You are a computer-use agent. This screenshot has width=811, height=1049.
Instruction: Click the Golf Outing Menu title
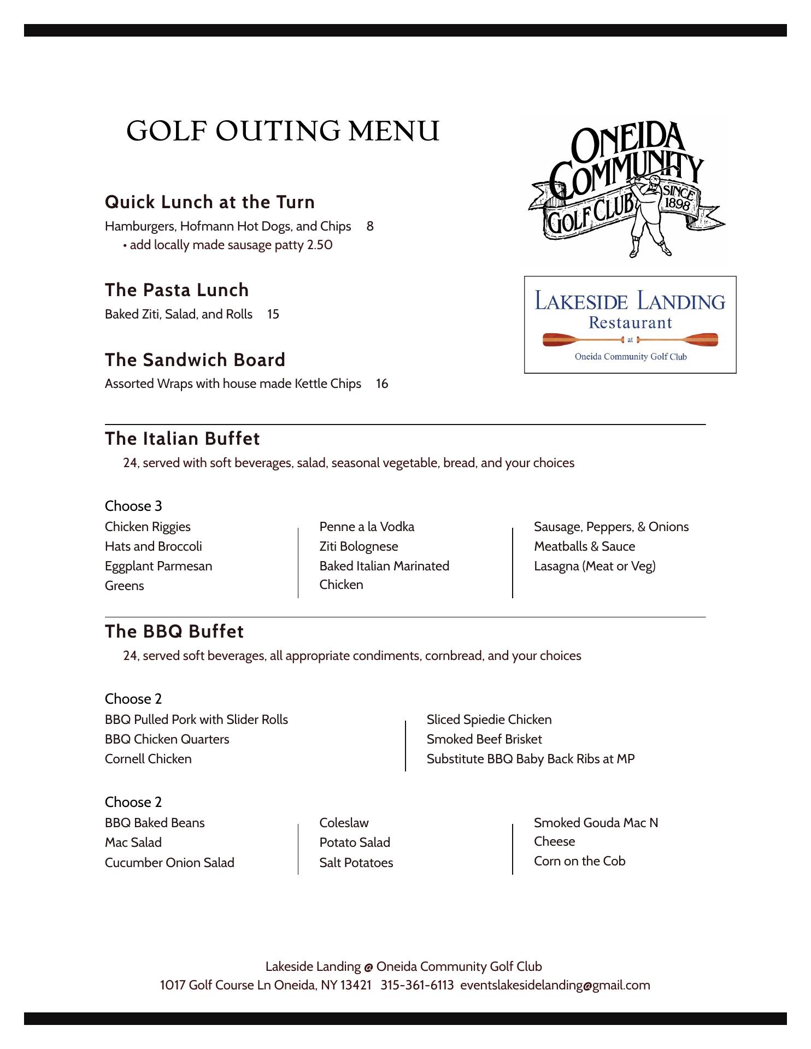[x=283, y=131]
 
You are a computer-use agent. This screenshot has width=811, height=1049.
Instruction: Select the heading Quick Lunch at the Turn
[x=210, y=202]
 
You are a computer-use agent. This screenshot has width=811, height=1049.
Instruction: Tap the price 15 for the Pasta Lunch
[x=273, y=314]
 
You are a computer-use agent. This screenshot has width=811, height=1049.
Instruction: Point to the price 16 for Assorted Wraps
[x=382, y=384]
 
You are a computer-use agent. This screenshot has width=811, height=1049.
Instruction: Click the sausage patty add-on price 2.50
[x=320, y=245]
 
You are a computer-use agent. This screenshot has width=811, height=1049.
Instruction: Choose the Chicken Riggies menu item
[x=148, y=527]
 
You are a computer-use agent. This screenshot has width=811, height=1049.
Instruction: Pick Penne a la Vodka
[x=367, y=527]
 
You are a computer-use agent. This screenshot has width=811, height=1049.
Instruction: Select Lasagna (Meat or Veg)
[x=595, y=566]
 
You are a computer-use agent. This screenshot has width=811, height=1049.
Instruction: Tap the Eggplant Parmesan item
[x=158, y=566]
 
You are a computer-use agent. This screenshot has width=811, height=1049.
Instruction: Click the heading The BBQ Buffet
[x=174, y=632]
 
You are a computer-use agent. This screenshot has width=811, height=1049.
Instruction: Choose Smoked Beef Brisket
[x=484, y=739]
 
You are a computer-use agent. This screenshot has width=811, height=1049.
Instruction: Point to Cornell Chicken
[x=148, y=759]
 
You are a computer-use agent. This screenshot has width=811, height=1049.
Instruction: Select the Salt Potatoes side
[x=356, y=863]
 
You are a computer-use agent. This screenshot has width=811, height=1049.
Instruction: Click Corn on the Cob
[x=579, y=861]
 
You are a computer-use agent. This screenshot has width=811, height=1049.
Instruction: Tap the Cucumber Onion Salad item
[x=169, y=863]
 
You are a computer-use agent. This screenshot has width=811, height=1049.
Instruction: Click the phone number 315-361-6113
[x=417, y=985]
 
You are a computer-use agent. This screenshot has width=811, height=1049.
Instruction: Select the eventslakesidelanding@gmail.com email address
[x=555, y=985]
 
